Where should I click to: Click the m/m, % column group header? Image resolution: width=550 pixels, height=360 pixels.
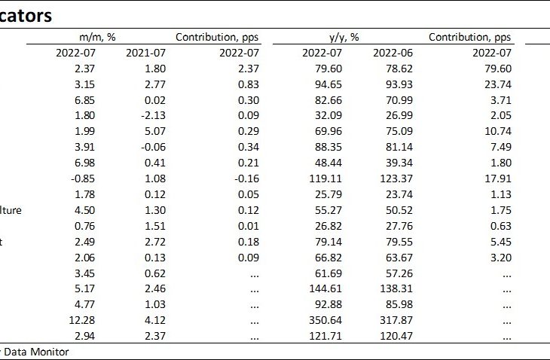tap(100, 37)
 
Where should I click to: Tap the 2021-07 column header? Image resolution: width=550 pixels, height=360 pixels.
tap(149, 53)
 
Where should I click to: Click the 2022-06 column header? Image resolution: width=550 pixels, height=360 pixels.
tap(393, 53)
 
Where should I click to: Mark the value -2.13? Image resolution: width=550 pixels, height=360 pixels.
tap(150, 116)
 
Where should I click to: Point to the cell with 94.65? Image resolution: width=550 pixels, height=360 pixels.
tap(328, 84)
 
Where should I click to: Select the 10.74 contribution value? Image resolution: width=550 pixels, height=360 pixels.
tap(497, 132)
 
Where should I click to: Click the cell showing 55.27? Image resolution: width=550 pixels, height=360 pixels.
tap(328, 210)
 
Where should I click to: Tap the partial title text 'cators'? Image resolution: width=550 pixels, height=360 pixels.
tap(29, 15)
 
